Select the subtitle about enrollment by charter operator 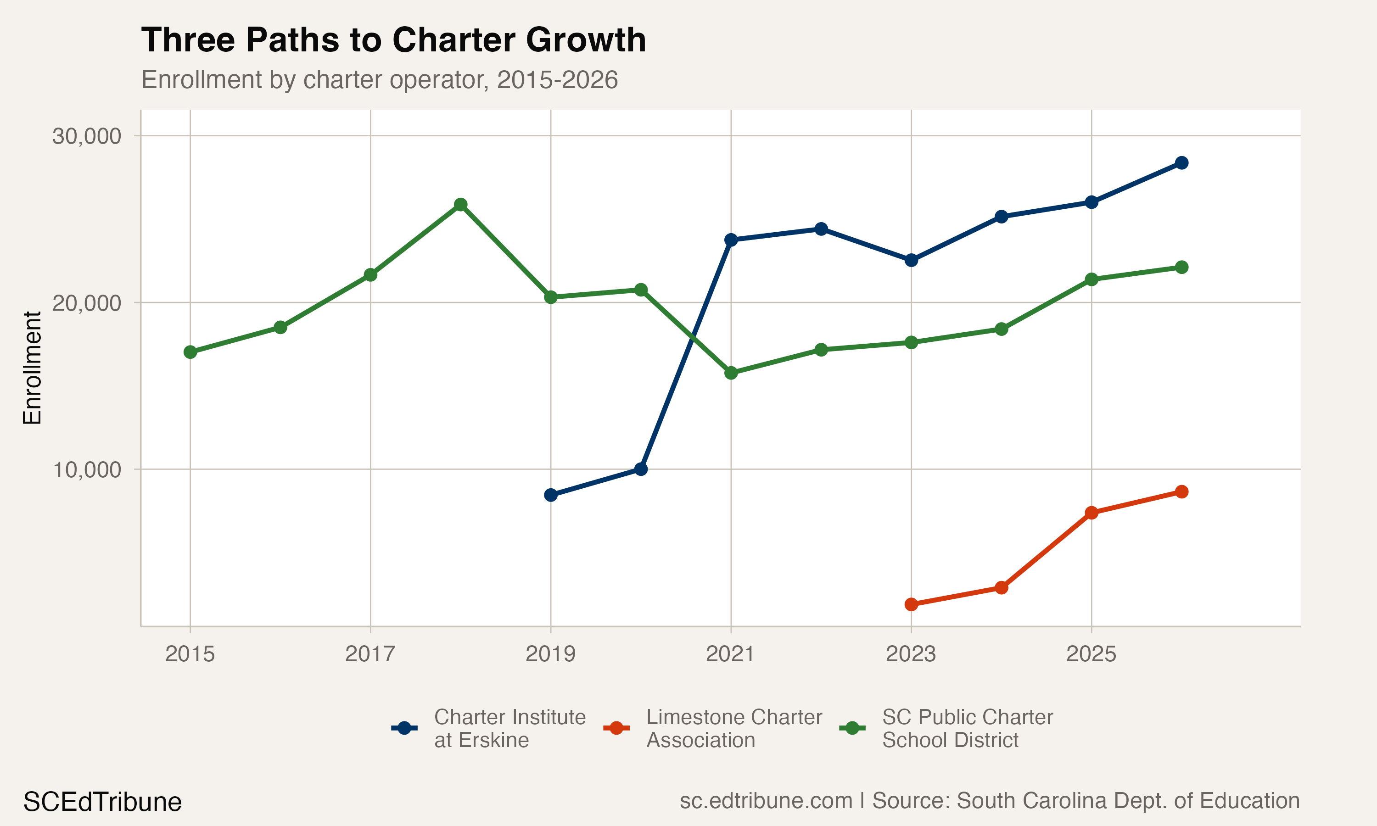(x=379, y=79)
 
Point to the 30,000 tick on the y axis (x=86, y=136)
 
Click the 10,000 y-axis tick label (x=86, y=470)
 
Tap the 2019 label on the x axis (x=550, y=653)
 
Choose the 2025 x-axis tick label (x=1091, y=653)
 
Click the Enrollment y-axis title (x=32, y=368)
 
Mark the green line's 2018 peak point (x=460, y=205)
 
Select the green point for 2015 (x=190, y=352)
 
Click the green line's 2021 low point (x=731, y=373)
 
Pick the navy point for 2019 (x=550, y=495)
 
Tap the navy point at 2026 (x=1181, y=162)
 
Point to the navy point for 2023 (x=911, y=260)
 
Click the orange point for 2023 (x=911, y=604)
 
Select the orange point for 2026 (x=1181, y=491)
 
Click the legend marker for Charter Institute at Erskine (x=405, y=728)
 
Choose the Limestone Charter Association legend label (x=733, y=728)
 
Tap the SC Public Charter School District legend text (x=967, y=728)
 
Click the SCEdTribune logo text (x=102, y=802)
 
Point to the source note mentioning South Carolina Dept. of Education (x=989, y=800)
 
